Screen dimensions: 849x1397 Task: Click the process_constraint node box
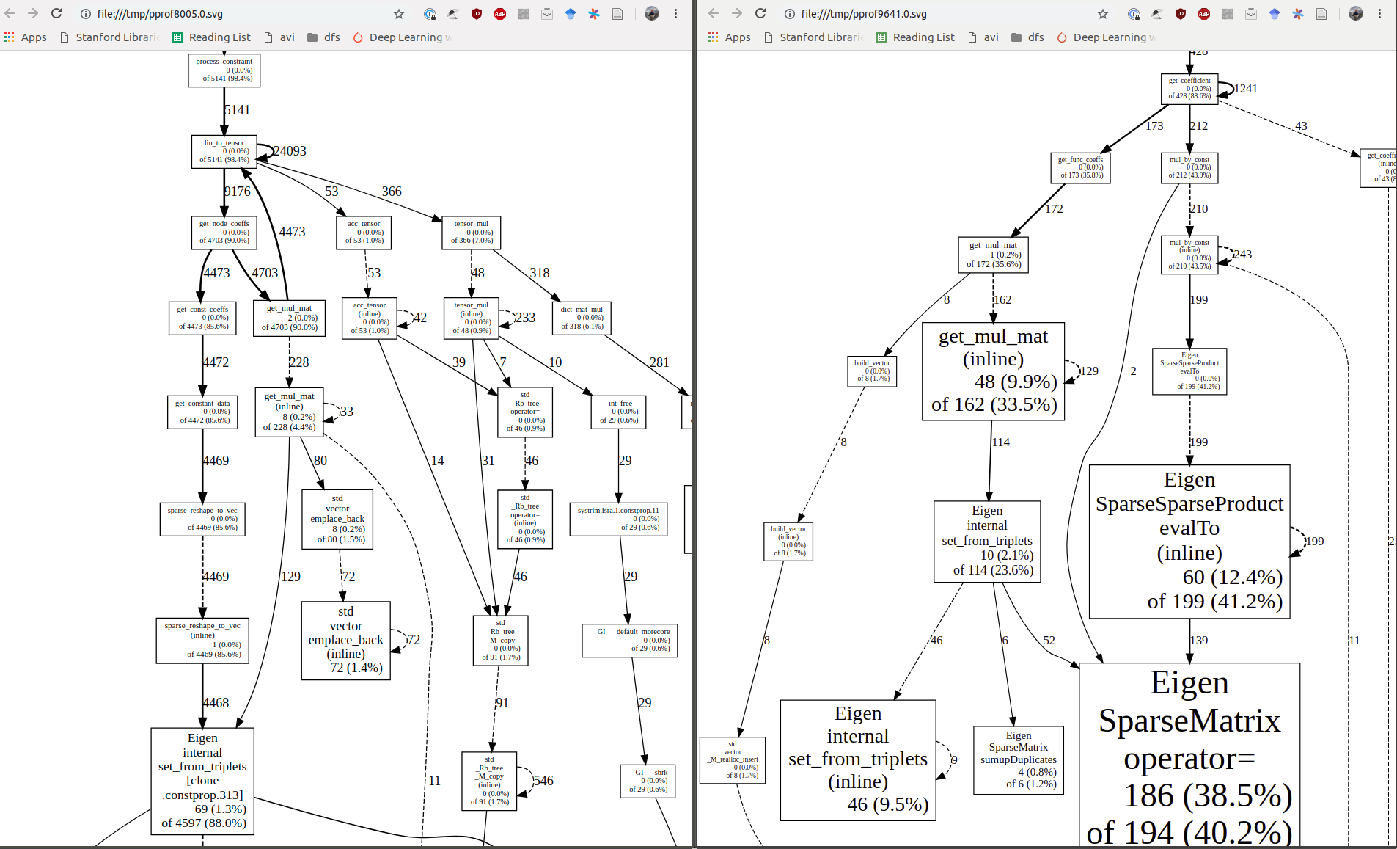pos(224,70)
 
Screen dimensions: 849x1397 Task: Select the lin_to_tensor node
pos(224,151)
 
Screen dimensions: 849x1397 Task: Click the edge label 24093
pos(290,151)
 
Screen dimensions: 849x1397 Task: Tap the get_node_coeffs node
pos(224,232)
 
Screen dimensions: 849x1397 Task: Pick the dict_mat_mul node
pos(581,318)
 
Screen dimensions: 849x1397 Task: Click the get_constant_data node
pos(202,412)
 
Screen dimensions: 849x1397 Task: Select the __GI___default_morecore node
pos(629,640)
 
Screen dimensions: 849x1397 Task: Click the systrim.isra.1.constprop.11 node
pos(617,519)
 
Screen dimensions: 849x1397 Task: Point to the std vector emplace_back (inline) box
pos(345,640)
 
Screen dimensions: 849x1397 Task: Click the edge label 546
pos(543,781)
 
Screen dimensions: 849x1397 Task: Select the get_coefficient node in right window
pos(1189,88)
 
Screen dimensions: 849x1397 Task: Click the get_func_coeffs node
pos(1080,167)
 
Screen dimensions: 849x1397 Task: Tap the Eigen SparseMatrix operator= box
pos(1189,756)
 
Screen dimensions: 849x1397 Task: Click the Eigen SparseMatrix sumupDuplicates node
pos(1018,759)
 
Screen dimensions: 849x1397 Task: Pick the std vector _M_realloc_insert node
pos(732,759)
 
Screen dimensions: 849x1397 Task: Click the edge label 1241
pos(1246,89)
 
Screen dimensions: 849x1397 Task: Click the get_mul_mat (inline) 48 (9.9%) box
pos(993,371)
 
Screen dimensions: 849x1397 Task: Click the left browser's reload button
pos(56,13)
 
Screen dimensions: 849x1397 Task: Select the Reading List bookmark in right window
pos(923,37)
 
